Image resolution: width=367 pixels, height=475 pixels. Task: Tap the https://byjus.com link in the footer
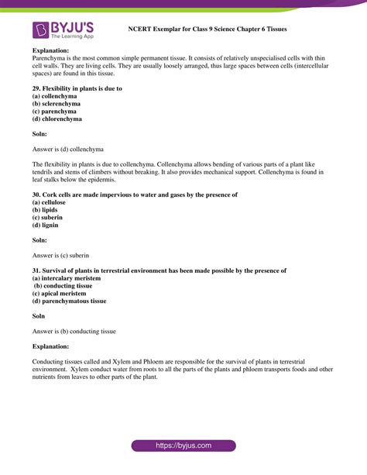point(183,446)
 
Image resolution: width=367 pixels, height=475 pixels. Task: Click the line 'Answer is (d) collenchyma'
point(68,148)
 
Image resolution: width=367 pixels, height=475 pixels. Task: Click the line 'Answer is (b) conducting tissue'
point(74,331)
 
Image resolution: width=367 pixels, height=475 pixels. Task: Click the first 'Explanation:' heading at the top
point(51,50)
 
